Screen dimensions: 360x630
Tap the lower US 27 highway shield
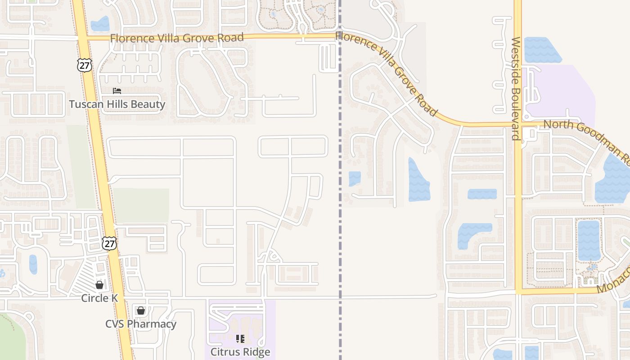[x=109, y=243]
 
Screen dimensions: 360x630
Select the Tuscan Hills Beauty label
[x=117, y=104]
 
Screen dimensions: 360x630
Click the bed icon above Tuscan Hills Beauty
[x=117, y=91]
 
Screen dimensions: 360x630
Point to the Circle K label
[x=99, y=298]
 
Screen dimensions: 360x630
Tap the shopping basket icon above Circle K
[x=99, y=285]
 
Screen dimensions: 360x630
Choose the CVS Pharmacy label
[x=141, y=324]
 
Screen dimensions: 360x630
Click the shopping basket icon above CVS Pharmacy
[x=141, y=310]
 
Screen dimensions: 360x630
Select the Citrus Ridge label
[x=240, y=352]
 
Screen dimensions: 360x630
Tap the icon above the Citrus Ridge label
[x=240, y=338]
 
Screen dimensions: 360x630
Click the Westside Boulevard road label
[x=516, y=88]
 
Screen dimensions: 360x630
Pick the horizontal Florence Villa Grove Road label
[x=177, y=38]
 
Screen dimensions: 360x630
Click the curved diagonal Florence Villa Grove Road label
[x=387, y=72]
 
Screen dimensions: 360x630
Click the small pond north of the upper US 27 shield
[x=100, y=23]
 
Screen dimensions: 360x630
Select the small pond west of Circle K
[x=33, y=264]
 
